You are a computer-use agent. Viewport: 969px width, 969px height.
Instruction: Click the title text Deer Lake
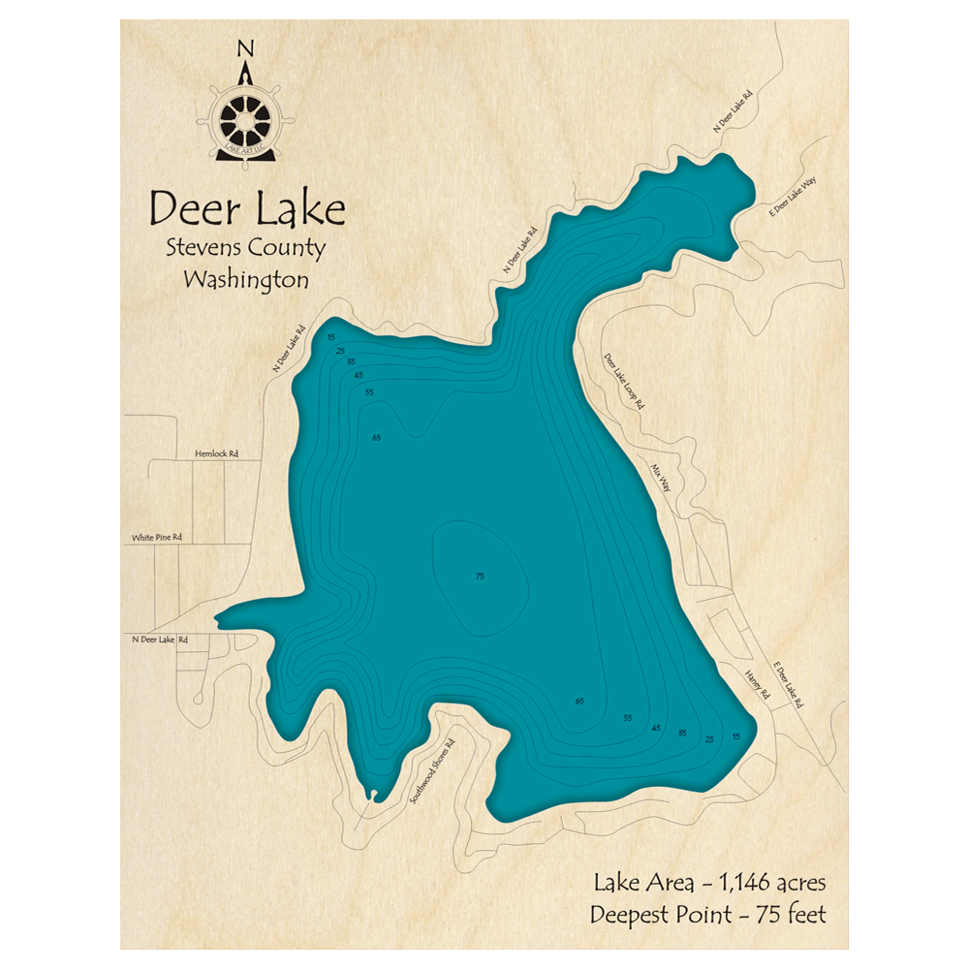tap(246, 208)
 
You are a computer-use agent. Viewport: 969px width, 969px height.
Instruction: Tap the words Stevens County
tap(246, 248)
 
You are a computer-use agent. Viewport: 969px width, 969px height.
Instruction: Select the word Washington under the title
tap(246, 281)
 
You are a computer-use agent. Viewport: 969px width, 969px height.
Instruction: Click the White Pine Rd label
tap(157, 536)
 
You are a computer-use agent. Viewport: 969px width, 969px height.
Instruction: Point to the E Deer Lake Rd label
tap(790, 684)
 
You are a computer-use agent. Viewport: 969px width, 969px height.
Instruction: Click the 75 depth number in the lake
tap(479, 578)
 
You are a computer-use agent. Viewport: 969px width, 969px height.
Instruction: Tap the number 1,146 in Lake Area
tap(735, 882)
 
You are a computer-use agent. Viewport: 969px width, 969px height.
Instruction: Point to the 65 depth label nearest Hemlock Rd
tap(376, 439)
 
